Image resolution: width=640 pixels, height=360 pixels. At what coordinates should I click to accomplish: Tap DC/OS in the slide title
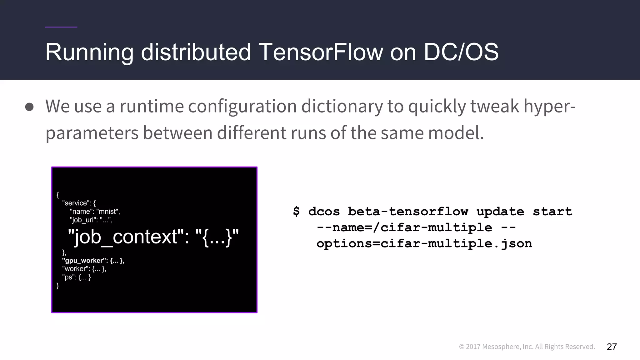pos(461,52)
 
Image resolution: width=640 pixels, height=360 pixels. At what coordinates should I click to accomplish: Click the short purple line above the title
pos(61,27)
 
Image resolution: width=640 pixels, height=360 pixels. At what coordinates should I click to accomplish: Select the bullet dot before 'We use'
pos(29,107)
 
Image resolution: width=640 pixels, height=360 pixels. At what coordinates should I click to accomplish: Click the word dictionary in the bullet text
pos(342,106)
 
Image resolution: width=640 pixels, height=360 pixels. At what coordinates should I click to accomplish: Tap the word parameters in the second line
pos(92,133)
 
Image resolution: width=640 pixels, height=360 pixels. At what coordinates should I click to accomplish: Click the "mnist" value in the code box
pos(107,212)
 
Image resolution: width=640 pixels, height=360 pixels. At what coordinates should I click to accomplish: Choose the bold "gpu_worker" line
pos(93,261)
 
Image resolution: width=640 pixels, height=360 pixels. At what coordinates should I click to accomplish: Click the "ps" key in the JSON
pos(68,277)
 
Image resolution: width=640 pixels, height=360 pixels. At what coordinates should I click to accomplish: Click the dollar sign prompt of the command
pos(296,212)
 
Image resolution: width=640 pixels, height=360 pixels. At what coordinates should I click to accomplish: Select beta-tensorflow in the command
pos(408,212)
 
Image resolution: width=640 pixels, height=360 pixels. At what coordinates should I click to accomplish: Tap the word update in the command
pos(500,212)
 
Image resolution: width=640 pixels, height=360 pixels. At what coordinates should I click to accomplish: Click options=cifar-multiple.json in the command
pos(424,243)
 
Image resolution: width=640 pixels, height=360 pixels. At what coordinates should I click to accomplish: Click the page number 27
pos(612,347)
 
